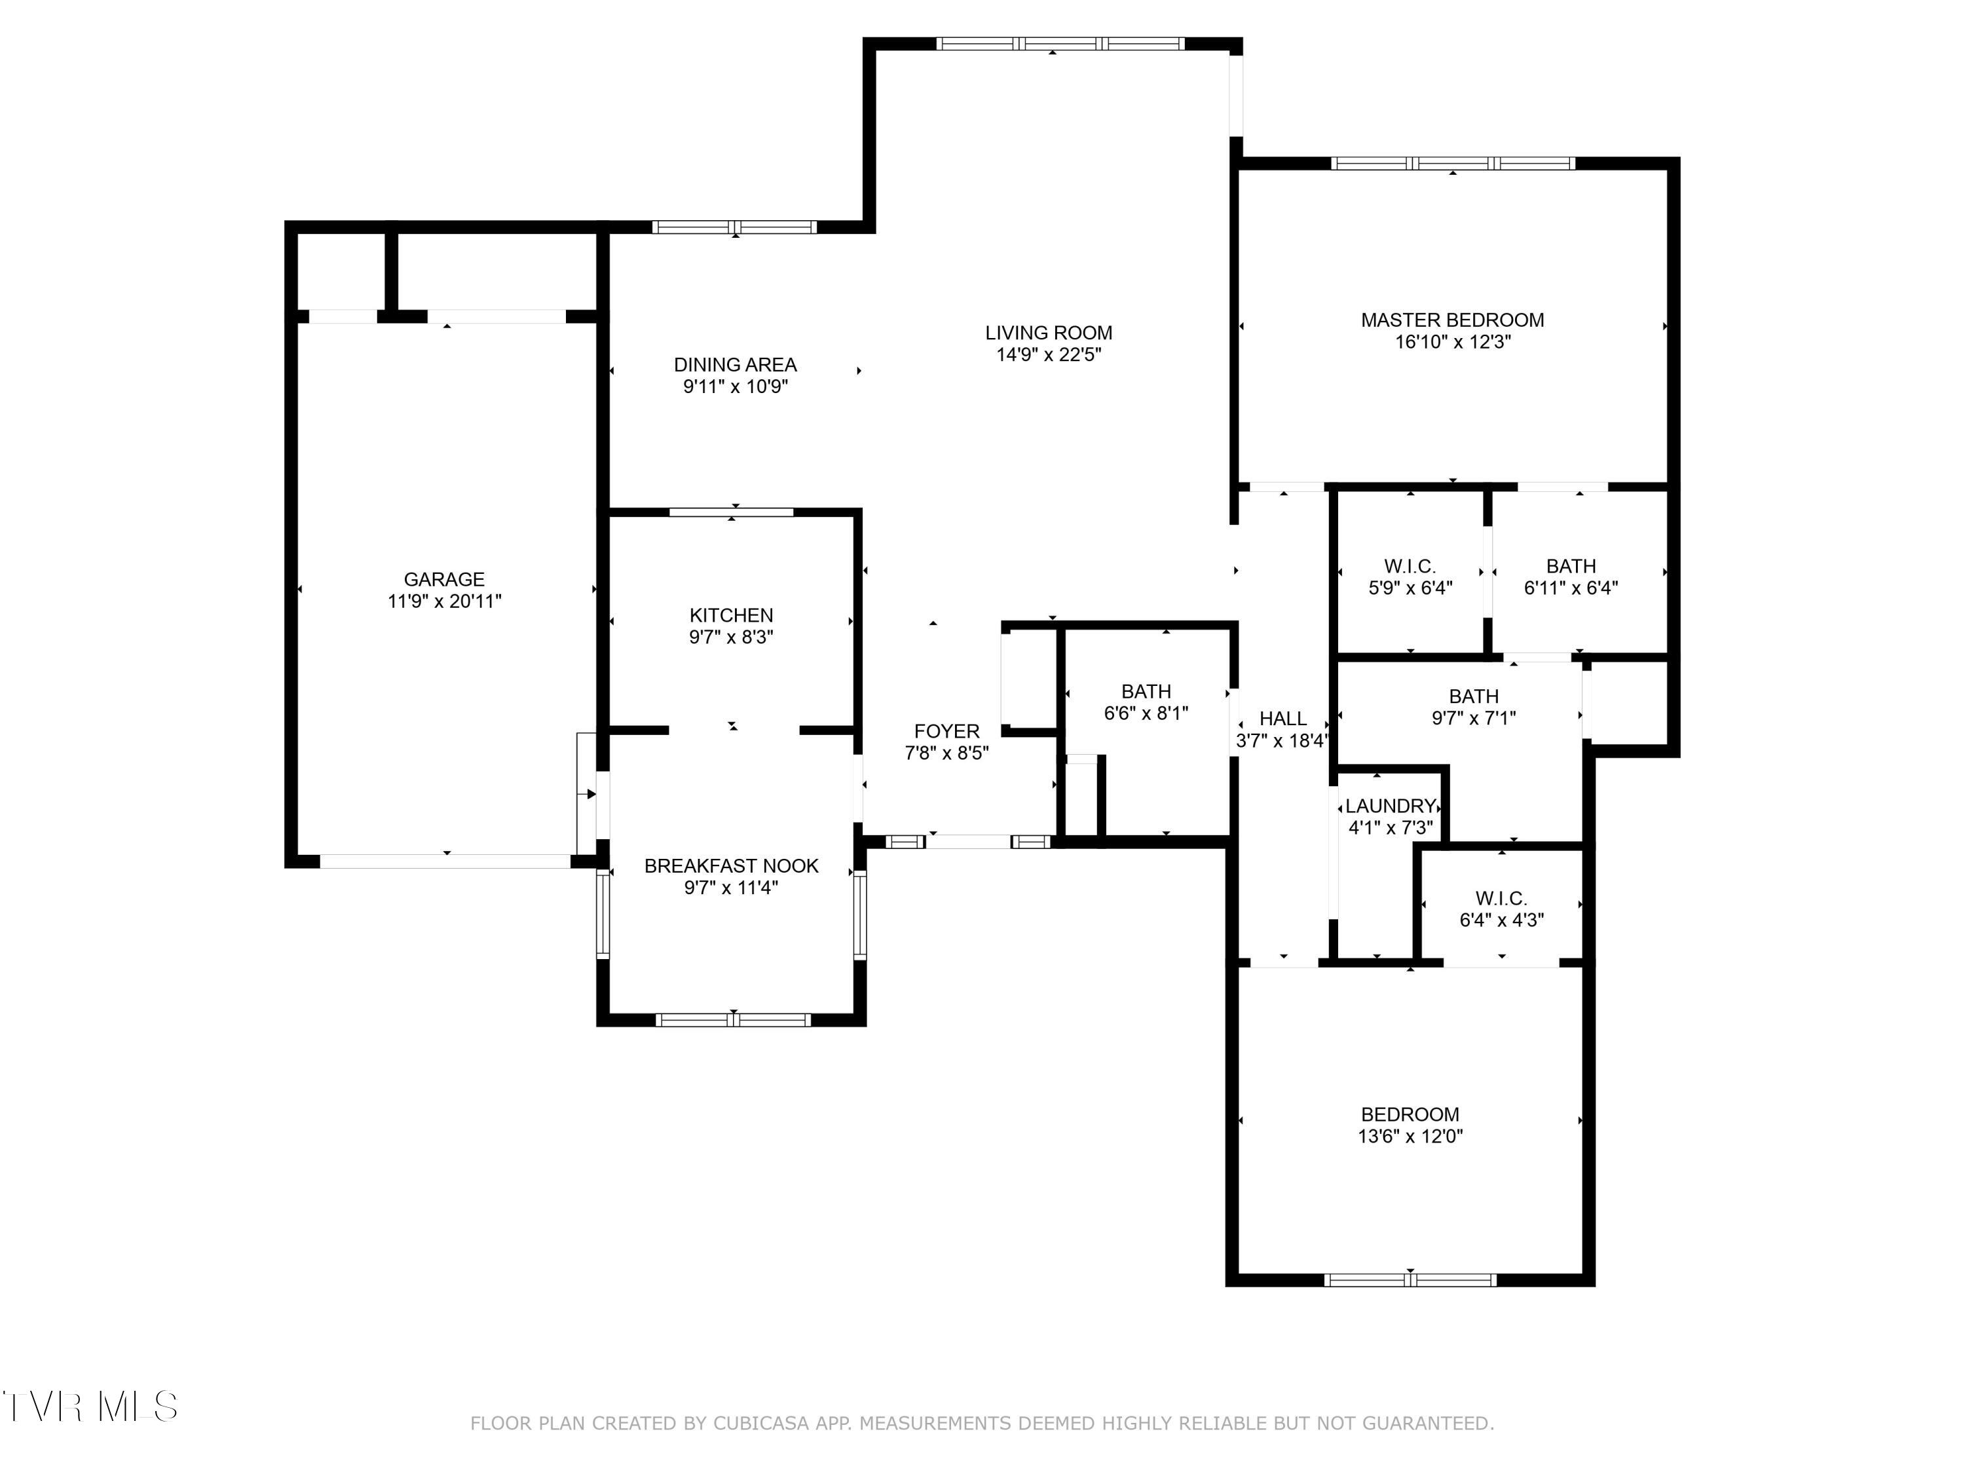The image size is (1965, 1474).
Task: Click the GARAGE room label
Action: point(443,579)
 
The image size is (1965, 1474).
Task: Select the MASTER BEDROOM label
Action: point(1451,320)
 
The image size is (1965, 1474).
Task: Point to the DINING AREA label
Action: point(735,364)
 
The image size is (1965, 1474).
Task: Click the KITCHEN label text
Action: point(730,615)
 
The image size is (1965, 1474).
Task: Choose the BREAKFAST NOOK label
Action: point(730,865)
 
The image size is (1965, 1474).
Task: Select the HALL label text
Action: point(1282,719)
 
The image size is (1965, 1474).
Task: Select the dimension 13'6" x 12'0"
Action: point(1409,1135)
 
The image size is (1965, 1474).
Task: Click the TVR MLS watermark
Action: point(89,1407)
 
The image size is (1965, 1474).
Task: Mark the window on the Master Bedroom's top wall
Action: point(1451,164)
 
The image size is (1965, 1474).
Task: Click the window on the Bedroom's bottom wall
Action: point(1409,1279)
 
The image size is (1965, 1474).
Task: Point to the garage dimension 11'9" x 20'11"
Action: point(443,601)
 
